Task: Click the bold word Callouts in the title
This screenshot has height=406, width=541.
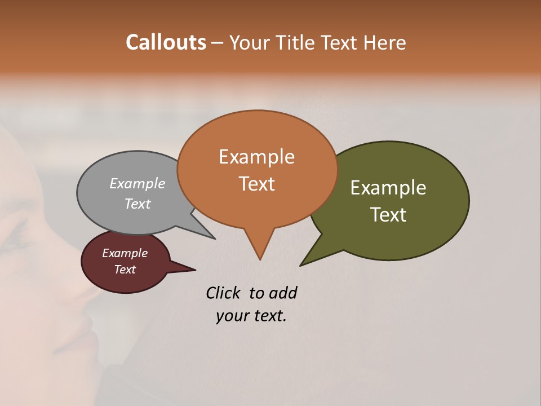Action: pos(166,42)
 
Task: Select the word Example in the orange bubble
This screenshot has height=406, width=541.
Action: pos(256,156)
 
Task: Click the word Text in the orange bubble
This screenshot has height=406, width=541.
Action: pos(256,183)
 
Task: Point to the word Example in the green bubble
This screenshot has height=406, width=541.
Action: pos(388,187)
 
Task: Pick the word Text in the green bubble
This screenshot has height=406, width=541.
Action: pos(388,214)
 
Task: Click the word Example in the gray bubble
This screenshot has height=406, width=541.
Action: pos(138,183)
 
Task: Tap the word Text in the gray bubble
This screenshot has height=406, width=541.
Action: pos(138,204)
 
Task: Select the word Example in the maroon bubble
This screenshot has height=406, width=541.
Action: pos(125,253)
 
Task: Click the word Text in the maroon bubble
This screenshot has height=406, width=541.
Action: pos(125,270)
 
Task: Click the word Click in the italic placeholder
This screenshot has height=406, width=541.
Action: pos(224,293)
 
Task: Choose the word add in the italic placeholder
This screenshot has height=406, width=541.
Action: pos(282,293)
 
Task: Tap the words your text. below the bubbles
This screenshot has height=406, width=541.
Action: pos(251,316)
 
